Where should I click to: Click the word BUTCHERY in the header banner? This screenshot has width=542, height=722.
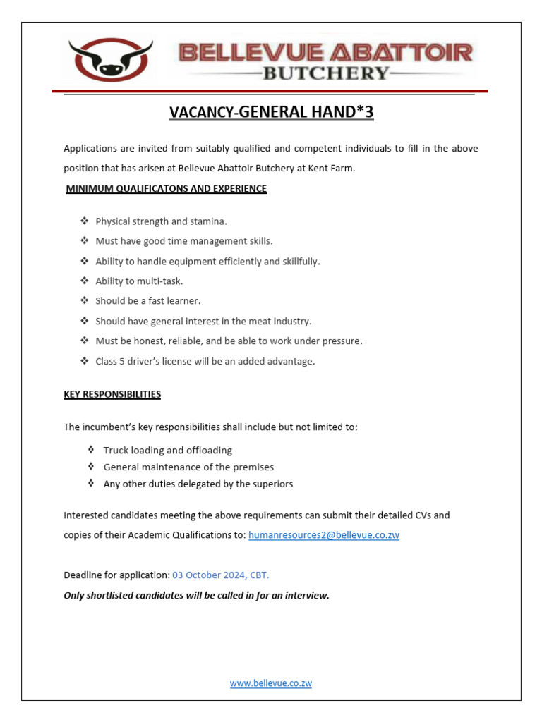click(x=325, y=73)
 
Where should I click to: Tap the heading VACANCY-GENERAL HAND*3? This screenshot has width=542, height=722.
click(x=271, y=112)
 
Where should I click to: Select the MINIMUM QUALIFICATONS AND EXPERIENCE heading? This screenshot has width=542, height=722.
click(x=166, y=189)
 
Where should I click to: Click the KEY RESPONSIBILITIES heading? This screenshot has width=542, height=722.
click(x=112, y=394)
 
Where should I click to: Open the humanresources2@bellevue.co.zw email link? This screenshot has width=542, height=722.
click(x=324, y=535)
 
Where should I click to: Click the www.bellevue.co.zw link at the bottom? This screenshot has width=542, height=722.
click(x=271, y=683)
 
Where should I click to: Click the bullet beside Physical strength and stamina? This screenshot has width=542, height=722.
click(x=85, y=221)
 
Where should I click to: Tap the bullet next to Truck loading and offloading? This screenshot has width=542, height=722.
click(x=92, y=450)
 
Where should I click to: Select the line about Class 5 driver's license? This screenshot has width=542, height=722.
click(x=205, y=361)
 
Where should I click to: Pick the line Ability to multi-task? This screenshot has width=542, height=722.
click(x=139, y=281)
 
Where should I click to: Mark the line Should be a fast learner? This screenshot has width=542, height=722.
click(x=148, y=301)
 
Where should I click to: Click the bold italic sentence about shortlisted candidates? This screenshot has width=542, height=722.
click(x=196, y=596)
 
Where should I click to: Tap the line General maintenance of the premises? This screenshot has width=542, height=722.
click(x=188, y=467)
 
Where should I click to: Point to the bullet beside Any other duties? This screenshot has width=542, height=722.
click(x=92, y=484)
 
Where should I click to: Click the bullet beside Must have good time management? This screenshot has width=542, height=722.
click(x=85, y=241)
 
